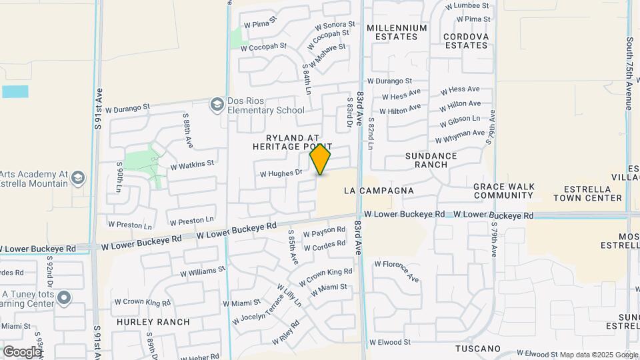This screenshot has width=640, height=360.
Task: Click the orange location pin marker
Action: coord(321,159)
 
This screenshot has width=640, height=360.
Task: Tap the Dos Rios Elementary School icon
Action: coord(217,105)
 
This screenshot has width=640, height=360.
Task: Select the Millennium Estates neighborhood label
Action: coord(397,32)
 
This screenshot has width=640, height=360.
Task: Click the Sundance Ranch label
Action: coord(431,160)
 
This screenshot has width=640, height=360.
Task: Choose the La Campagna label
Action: coord(379,191)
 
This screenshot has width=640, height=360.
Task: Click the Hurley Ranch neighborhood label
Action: coord(153,322)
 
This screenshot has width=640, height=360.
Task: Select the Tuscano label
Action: coord(477,349)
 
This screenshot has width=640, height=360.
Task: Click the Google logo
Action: coord(22,351)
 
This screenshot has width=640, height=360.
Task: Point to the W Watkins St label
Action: coord(192,163)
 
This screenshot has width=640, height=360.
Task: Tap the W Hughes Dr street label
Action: coord(281,173)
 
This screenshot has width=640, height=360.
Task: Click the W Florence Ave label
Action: coord(396,271)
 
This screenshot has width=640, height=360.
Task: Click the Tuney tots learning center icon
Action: coord(64,297)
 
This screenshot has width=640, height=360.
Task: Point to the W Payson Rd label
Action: coord(324,232)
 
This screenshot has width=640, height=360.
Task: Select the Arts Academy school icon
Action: coord(79,177)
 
